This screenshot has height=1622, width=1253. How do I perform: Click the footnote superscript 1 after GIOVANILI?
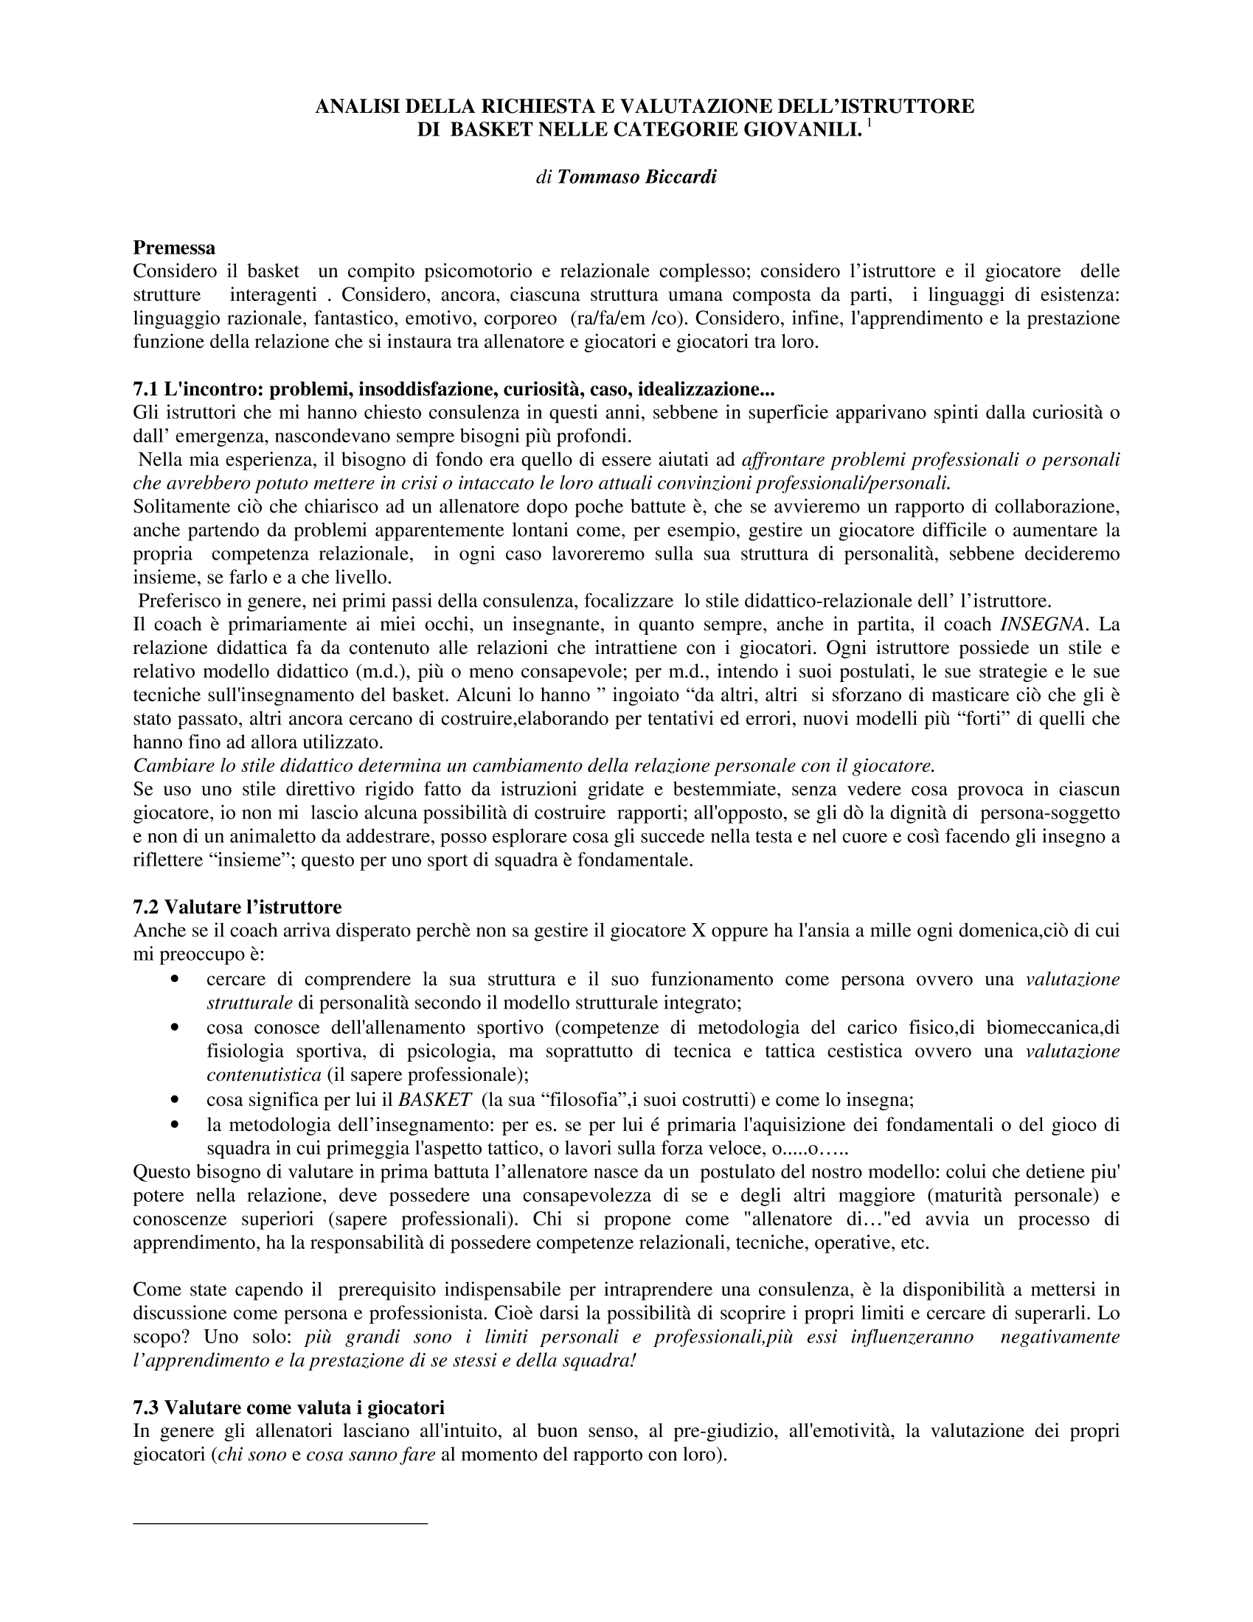[869, 123]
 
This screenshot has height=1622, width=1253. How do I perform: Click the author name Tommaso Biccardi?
[636, 178]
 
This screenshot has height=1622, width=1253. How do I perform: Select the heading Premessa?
[174, 246]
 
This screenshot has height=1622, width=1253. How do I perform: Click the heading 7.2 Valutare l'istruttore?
[237, 907]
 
